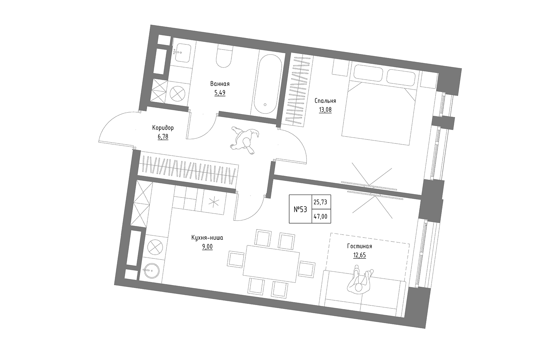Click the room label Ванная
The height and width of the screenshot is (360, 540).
pos(220,84)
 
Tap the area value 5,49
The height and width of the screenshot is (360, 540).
pos(220,93)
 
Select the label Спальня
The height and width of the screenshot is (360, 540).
pos(325,101)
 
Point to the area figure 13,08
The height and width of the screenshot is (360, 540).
pos(325,110)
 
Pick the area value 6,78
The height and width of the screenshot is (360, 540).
pos(163,137)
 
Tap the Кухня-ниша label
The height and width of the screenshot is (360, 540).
pos(207,238)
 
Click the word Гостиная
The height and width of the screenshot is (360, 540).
pos(359,246)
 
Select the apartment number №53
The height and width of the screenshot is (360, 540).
pos(300,209)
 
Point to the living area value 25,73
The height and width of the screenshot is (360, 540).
pos(320,202)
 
